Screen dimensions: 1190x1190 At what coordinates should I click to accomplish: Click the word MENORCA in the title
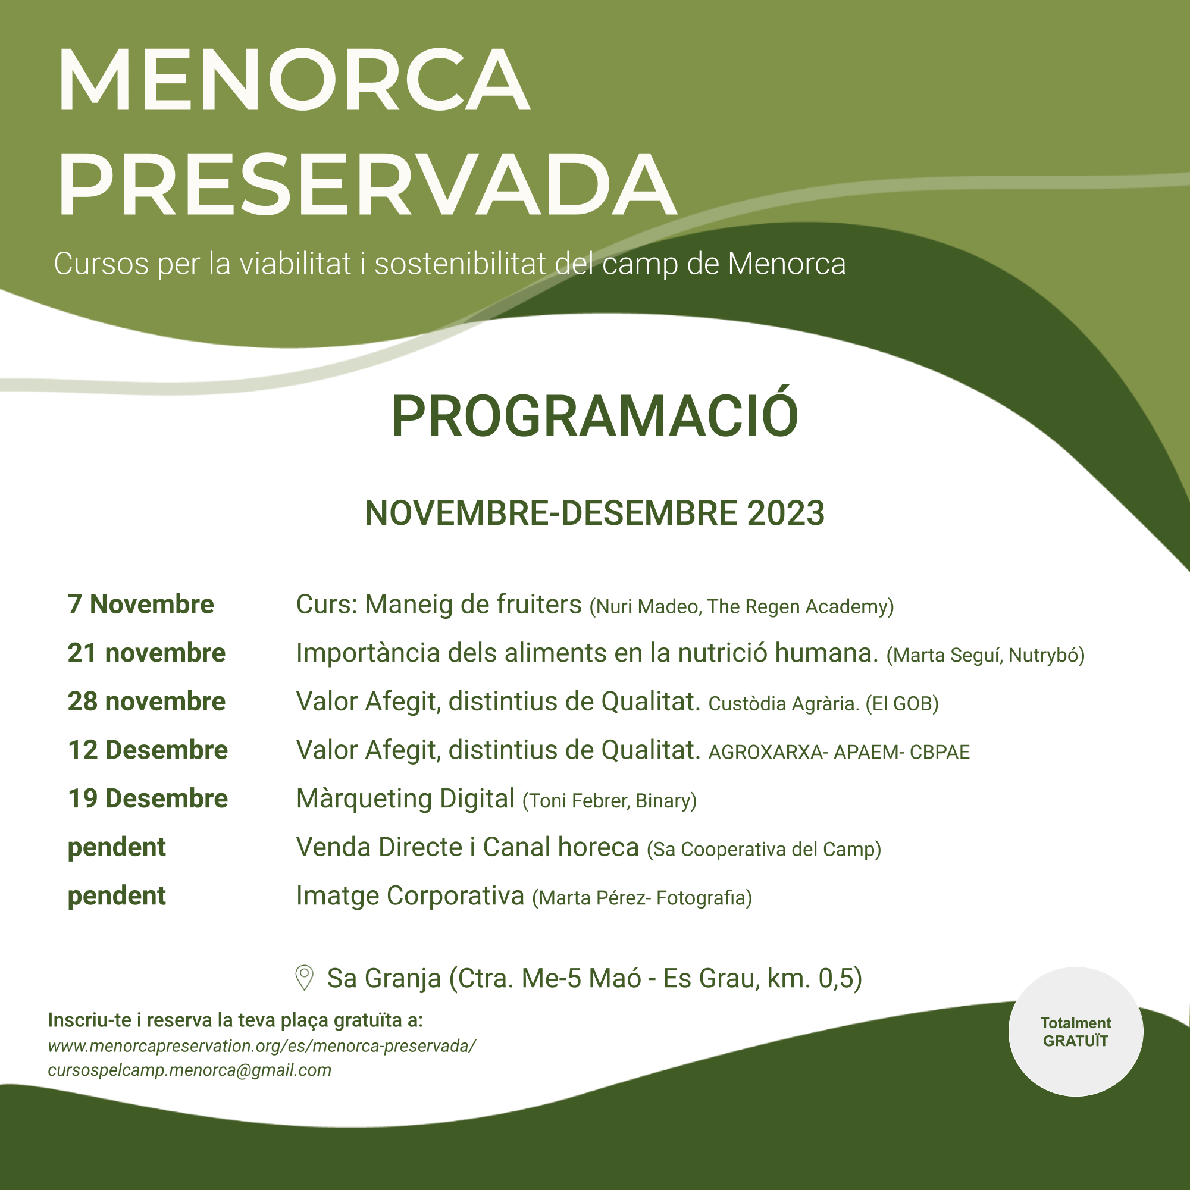[294, 80]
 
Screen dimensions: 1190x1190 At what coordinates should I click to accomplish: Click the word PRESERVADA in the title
[367, 185]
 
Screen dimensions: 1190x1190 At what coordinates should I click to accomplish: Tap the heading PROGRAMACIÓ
[594, 416]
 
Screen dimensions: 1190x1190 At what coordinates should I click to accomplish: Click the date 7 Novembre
[140, 605]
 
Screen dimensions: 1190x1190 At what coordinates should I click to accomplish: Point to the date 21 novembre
[146, 653]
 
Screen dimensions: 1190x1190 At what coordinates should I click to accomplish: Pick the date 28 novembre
[146, 702]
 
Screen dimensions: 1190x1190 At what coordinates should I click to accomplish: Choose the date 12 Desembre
[148, 750]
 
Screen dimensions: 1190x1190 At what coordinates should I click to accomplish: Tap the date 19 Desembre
[148, 799]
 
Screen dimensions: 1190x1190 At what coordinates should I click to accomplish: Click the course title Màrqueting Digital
[405, 799]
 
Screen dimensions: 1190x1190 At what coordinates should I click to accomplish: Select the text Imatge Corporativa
[409, 896]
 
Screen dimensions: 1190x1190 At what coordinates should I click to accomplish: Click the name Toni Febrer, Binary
[609, 801]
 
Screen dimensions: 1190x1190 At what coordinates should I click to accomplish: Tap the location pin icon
[304, 978]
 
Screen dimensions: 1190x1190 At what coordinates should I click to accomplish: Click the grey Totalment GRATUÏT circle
[1075, 1032]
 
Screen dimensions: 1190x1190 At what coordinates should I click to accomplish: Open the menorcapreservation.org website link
[262, 1047]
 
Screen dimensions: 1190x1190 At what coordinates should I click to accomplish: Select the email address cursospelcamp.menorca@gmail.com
[190, 1070]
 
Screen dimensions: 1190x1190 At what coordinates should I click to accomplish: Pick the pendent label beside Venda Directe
[117, 847]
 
